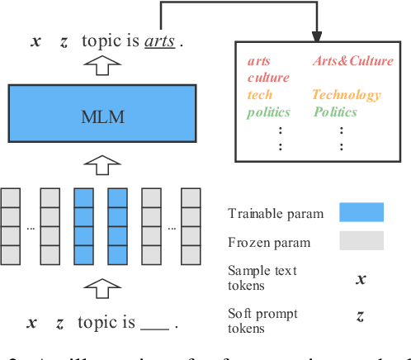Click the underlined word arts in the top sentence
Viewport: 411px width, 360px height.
click(x=160, y=40)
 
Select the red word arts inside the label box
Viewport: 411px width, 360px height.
click(x=258, y=61)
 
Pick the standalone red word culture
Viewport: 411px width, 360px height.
click(x=268, y=78)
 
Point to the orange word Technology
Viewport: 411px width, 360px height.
click(x=347, y=95)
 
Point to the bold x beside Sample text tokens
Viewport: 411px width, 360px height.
click(x=361, y=278)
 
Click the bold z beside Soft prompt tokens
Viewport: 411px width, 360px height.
click(x=361, y=315)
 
